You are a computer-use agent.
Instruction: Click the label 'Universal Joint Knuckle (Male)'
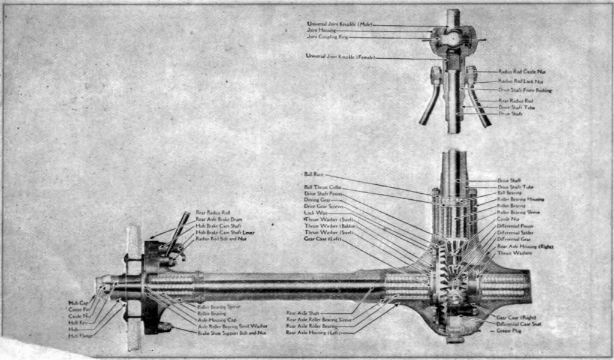(339, 24)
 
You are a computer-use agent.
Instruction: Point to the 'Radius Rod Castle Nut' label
(522, 72)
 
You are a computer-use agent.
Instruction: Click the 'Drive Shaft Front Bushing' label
(525, 90)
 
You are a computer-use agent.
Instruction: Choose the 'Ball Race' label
(314, 175)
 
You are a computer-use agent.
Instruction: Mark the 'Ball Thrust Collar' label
(323, 187)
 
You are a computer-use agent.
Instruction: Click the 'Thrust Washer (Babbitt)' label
(330, 226)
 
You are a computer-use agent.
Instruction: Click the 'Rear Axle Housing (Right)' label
(525, 246)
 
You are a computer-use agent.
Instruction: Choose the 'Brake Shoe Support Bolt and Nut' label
(233, 332)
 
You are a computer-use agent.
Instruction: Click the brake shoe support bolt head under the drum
(164, 327)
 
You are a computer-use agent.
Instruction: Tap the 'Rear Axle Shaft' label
(303, 313)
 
